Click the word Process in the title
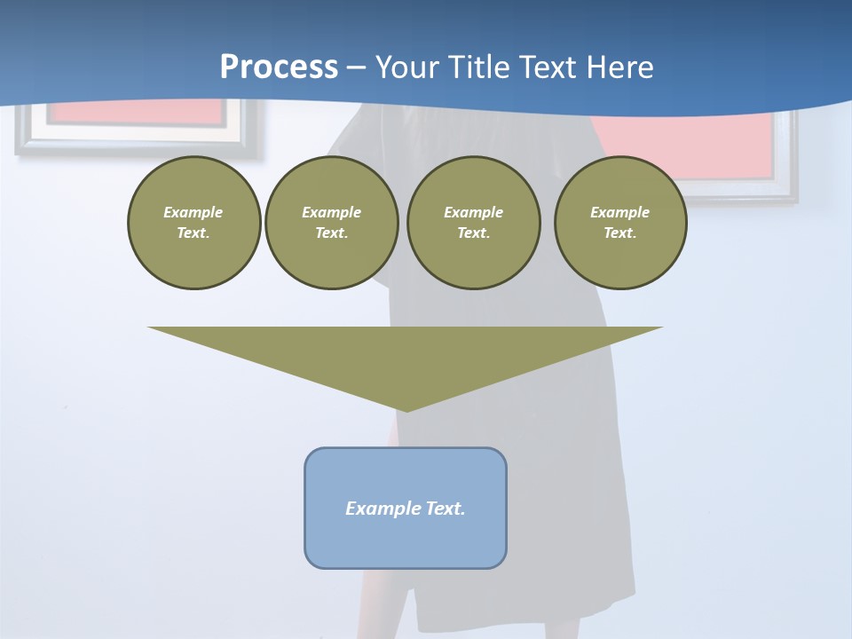pyautogui.click(x=279, y=67)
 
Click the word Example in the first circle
pyautogui.click(x=193, y=212)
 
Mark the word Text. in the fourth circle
pyautogui.click(x=620, y=233)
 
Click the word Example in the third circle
pyautogui.click(x=473, y=212)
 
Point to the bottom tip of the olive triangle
pyautogui.click(x=406, y=410)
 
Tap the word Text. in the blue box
pyautogui.click(x=446, y=509)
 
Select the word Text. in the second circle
pyautogui.click(x=332, y=233)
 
